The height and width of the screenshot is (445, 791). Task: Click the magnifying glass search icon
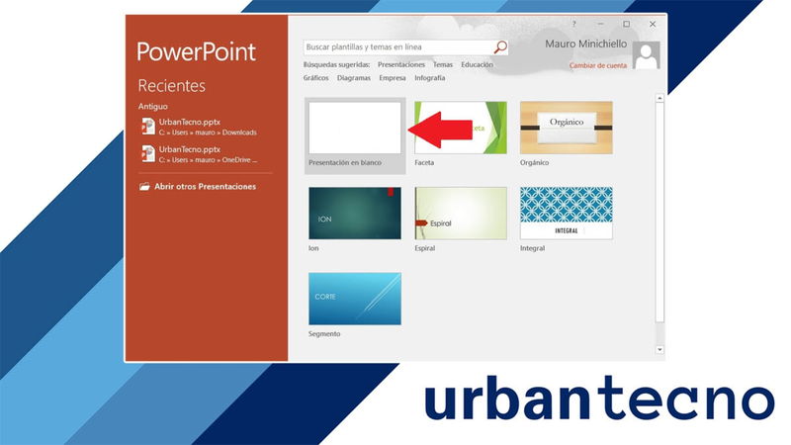[x=500, y=46]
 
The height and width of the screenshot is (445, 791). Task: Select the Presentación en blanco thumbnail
[x=355, y=128]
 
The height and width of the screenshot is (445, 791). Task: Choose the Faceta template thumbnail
[x=461, y=128]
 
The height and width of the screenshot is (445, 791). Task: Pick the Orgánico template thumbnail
[x=566, y=128]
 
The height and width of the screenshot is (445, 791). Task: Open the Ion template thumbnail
[x=355, y=213]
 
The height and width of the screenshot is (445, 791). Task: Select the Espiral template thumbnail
[x=461, y=213]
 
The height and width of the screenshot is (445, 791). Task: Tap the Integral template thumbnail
[x=566, y=213]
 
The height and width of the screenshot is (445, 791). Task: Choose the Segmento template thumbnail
[x=355, y=298]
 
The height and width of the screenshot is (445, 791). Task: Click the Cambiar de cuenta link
[x=598, y=65]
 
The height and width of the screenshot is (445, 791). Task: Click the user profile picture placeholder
[x=647, y=55]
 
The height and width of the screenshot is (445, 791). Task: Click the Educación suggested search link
[x=477, y=65]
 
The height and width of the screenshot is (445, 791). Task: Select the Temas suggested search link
[x=442, y=65]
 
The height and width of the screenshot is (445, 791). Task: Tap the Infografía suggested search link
[x=430, y=77]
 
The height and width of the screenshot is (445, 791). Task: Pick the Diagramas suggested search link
[x=354, y=77]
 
